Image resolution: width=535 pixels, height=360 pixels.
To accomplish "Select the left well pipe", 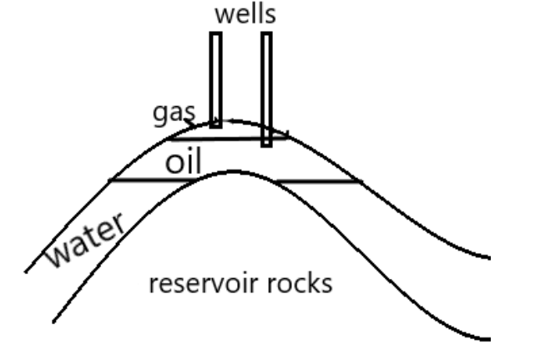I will click(215, 79).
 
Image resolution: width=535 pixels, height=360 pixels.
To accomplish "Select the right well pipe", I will click(266, 88).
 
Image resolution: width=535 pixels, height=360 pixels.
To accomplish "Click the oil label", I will click(183, 161).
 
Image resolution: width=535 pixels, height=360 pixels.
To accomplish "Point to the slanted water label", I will click(84, 241).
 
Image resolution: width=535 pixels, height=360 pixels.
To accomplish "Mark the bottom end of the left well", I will click(215, 126).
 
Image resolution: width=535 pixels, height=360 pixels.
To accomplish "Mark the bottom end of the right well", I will click(266, 145).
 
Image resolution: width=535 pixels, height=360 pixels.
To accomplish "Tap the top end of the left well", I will click(215, 33).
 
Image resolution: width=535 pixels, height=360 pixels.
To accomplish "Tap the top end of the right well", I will click(266, 33).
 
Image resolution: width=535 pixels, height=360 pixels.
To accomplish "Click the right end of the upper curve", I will click(489, 256).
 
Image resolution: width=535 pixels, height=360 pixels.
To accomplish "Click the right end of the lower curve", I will click(489, 339).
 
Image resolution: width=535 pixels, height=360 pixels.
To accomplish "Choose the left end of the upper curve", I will click(26, 271).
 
